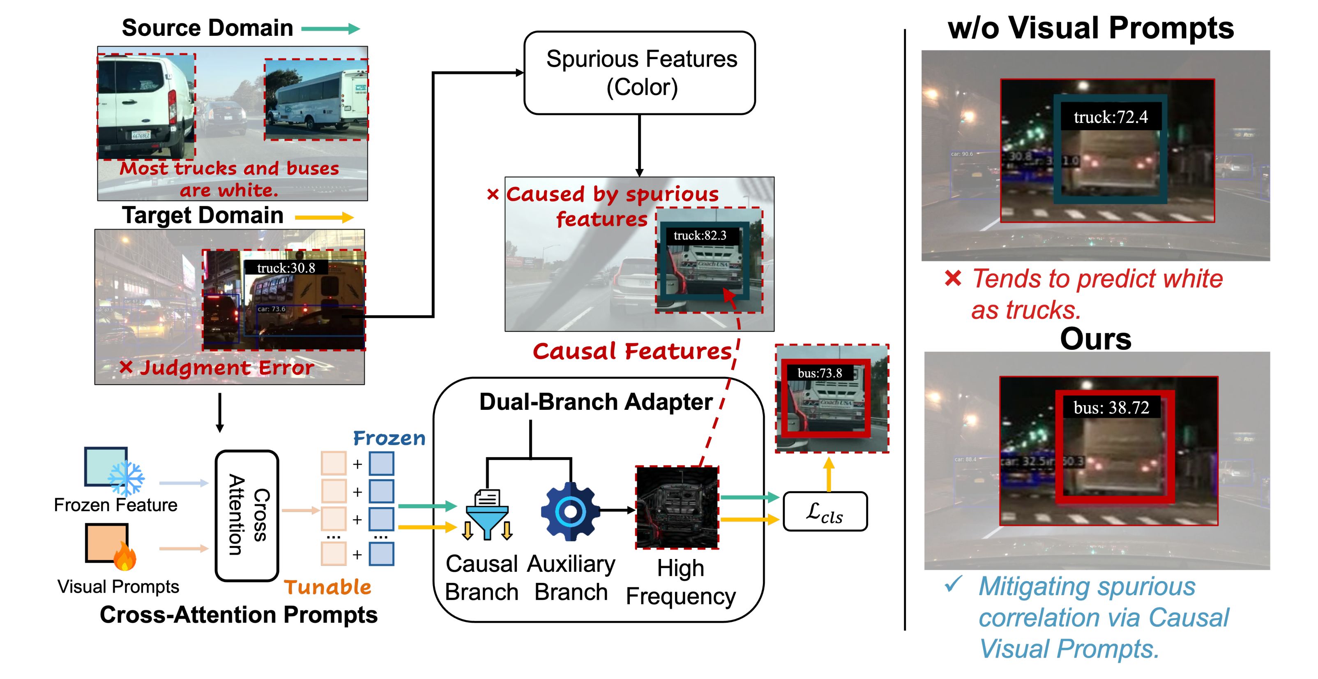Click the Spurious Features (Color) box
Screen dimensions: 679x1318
pyautogui.click(x=640, y=73)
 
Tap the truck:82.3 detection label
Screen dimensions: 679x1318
pyautogui.click(x=699, y=236)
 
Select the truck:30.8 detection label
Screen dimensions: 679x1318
pyautogui.click(x=286, y=268)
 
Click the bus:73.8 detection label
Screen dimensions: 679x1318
pyautogui.click(x=819, y=373)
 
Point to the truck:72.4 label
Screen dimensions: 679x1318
pyautogui.click(x=1110, y=117)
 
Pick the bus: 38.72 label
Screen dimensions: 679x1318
pyautogui.click(x=1111, y=407)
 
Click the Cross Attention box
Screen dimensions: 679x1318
pyautogui.click(x=247, y=515)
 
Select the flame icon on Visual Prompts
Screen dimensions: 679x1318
pyautogui.click(x=124, y=557)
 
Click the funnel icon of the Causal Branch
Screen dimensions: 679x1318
pyautogui.click(x=487, y=514)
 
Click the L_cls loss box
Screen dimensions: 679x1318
pyautogui.click(x=825, y=512)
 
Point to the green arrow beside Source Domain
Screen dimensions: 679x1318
pyautogui.click(x=330, y=29)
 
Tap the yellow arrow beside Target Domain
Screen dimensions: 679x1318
pyautogui.click(x=324, y=217)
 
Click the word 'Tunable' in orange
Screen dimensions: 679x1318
pyautogui.click(x=327, y=587)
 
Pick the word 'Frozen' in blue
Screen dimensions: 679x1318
pyautogui.click(x=389, y=438)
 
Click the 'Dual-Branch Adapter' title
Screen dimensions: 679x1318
pyautogui.click(x=596, y=402)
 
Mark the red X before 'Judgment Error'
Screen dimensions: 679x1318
pyautogui.click(x=126, y=367)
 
